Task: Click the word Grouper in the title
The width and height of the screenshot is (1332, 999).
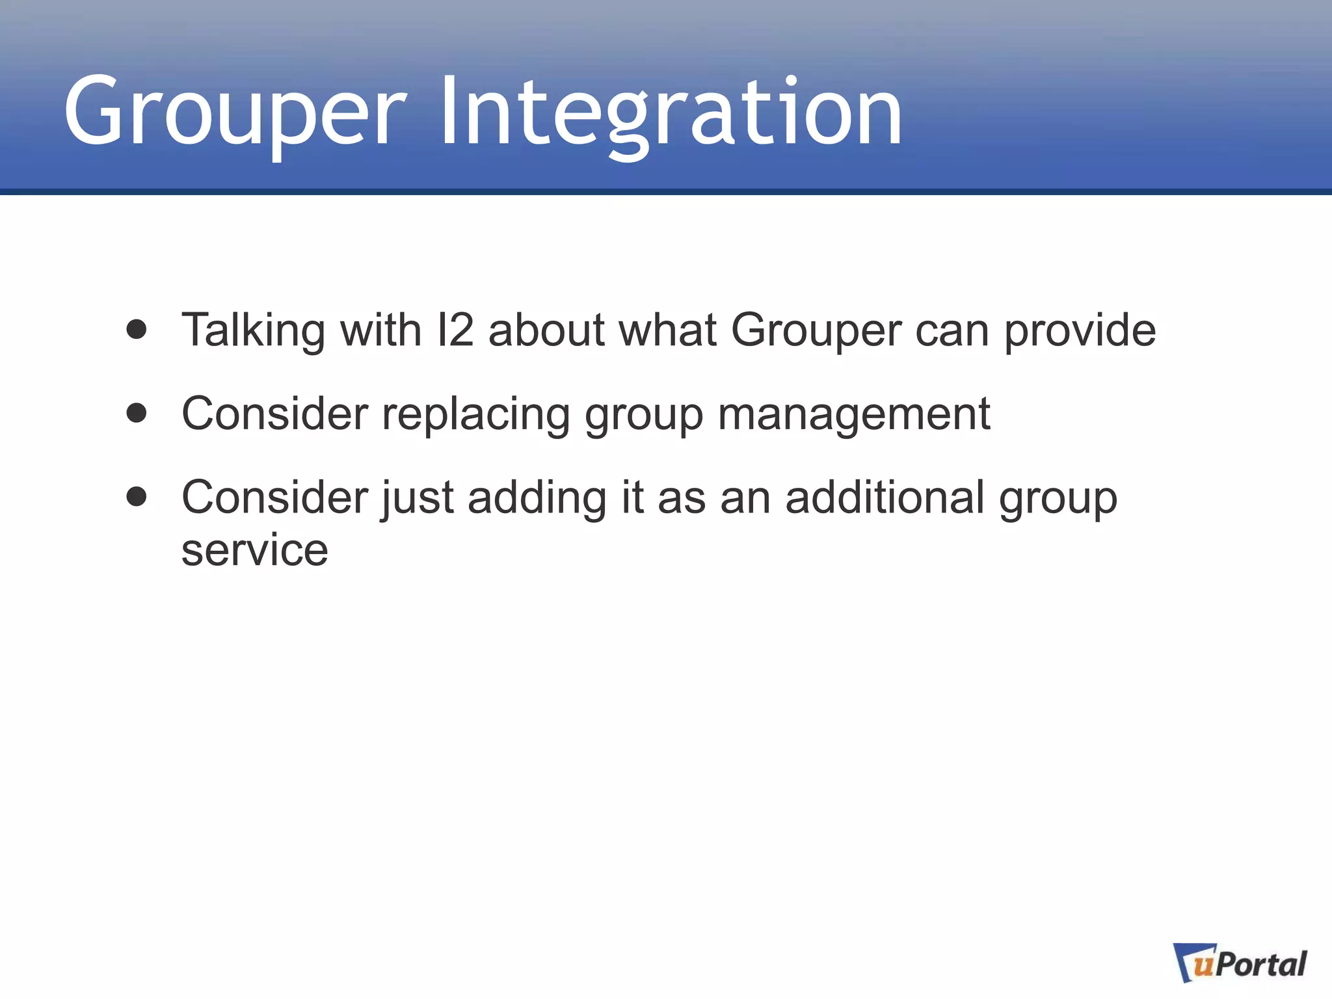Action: click(235, 112)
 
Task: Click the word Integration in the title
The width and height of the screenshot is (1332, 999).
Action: click(671, 112)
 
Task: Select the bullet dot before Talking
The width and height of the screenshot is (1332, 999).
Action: click(137, 329)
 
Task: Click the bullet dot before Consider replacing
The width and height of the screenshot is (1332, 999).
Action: click(137, 413)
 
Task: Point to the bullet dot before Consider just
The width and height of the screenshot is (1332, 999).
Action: click(137, 497)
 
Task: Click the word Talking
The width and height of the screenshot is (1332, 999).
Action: click(253, 330)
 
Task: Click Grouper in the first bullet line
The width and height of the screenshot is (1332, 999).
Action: click(816, 330)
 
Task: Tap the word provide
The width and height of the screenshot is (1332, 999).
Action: click(1080, 330)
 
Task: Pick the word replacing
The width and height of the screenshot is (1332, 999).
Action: click(475, 414)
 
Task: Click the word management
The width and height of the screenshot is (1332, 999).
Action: click(854, 414)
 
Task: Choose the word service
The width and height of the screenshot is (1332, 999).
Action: click(255, 550)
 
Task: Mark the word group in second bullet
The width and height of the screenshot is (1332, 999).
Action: click(644, 415)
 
